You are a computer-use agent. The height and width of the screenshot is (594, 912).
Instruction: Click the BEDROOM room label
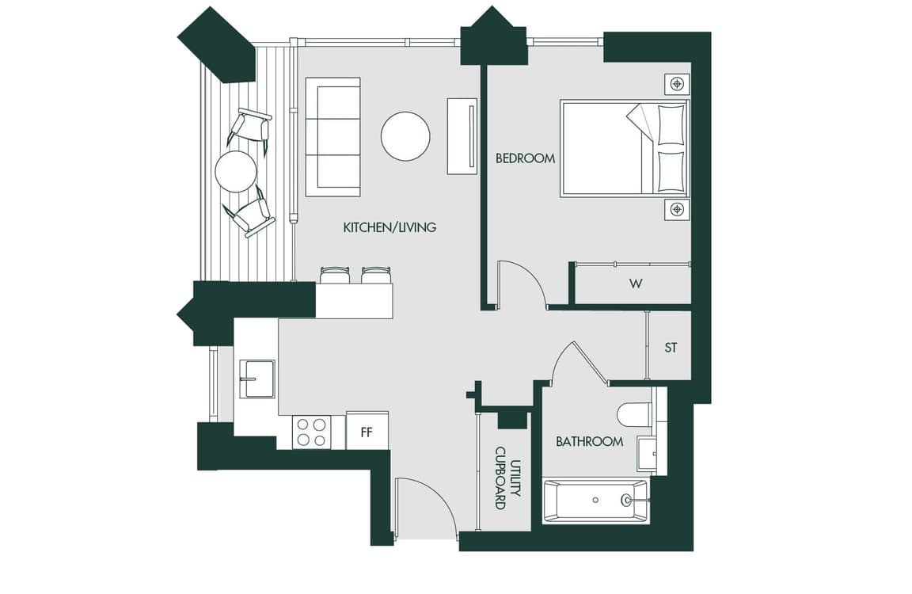point(525,158)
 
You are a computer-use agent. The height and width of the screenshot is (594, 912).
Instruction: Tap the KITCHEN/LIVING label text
point(389,227)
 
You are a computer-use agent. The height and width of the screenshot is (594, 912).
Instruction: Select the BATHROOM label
point(589,442)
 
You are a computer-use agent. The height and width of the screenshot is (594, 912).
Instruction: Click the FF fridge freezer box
point(367,431)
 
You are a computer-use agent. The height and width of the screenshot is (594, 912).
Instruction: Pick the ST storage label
point(671,348)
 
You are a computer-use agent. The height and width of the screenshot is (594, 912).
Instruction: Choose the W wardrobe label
point(636,284)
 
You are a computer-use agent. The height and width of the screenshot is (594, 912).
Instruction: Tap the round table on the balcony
point(236,172)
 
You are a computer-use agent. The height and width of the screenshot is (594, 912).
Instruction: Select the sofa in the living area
point(332,137)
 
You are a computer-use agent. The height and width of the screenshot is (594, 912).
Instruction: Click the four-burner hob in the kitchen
point(312,432)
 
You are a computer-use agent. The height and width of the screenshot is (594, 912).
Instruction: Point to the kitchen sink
point(257,378)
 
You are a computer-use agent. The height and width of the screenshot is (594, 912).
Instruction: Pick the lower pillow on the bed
point(671,172)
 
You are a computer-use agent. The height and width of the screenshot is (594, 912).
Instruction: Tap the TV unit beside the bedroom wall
point(462,136)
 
